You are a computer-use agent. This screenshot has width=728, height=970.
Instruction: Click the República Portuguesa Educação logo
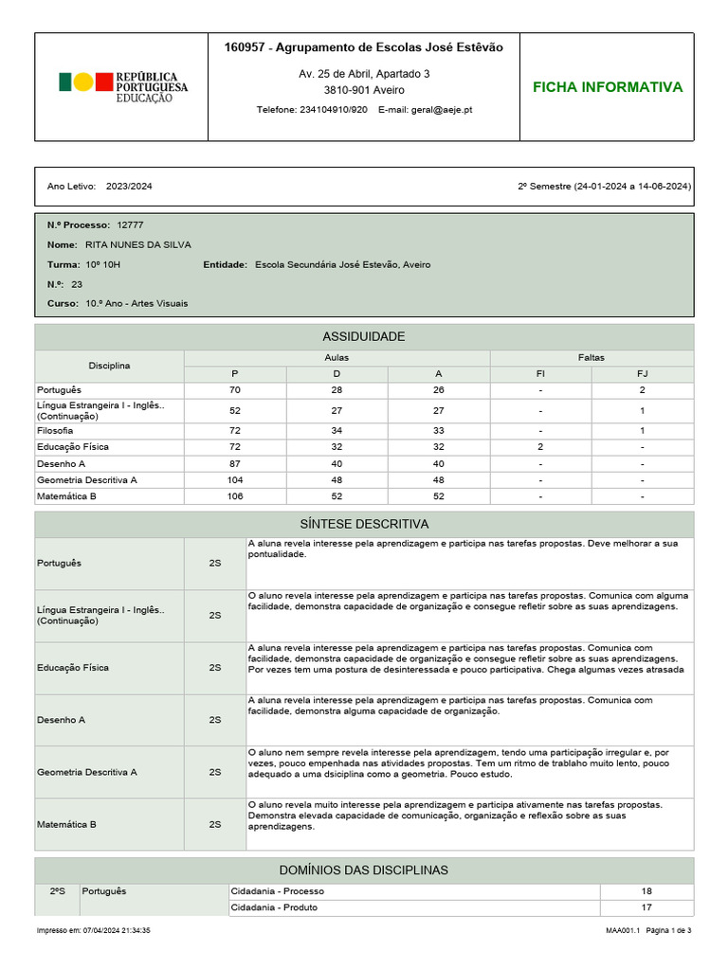click(x=123, y=87)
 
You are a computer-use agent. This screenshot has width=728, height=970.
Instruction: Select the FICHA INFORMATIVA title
click(x=607, y=87)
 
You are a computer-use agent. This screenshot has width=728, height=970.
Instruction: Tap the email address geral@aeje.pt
click(x=442, y=110)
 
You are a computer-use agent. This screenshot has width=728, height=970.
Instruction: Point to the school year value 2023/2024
click(x=129, y=187)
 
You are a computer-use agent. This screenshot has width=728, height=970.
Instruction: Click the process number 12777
click(x=130, y=225)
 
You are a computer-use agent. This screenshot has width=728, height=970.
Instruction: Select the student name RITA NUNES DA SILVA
click(x=137, y=244)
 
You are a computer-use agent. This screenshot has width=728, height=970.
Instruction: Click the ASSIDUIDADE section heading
click(x=364, y=337)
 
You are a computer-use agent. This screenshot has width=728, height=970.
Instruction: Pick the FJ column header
click(x=642, y=374)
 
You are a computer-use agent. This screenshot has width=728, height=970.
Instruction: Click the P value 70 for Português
click(x=235, y=390)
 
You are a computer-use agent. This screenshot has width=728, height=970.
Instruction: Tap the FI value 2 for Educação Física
click(x=540, y=446)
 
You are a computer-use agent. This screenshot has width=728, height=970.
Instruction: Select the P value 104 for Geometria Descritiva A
click(x=235, y=480)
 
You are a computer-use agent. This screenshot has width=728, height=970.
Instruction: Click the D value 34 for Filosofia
click(x=337, y=430)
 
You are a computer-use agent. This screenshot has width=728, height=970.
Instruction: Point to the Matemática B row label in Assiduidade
click(x=66, y=496)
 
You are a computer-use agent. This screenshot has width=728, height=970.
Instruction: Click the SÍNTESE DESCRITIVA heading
click(x=364, y=524)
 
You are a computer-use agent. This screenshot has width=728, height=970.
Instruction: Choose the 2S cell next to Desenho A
click(x=215, y=720)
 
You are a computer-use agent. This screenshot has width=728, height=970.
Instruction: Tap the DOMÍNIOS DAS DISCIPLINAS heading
click(x=364, y=870)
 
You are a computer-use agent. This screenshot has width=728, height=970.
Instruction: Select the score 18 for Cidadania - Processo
click(x=646, y=891)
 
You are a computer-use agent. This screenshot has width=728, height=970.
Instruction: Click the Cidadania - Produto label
click(x=275, y=907)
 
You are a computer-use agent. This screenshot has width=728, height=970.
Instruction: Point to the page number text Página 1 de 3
click(x=668, y=931)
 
